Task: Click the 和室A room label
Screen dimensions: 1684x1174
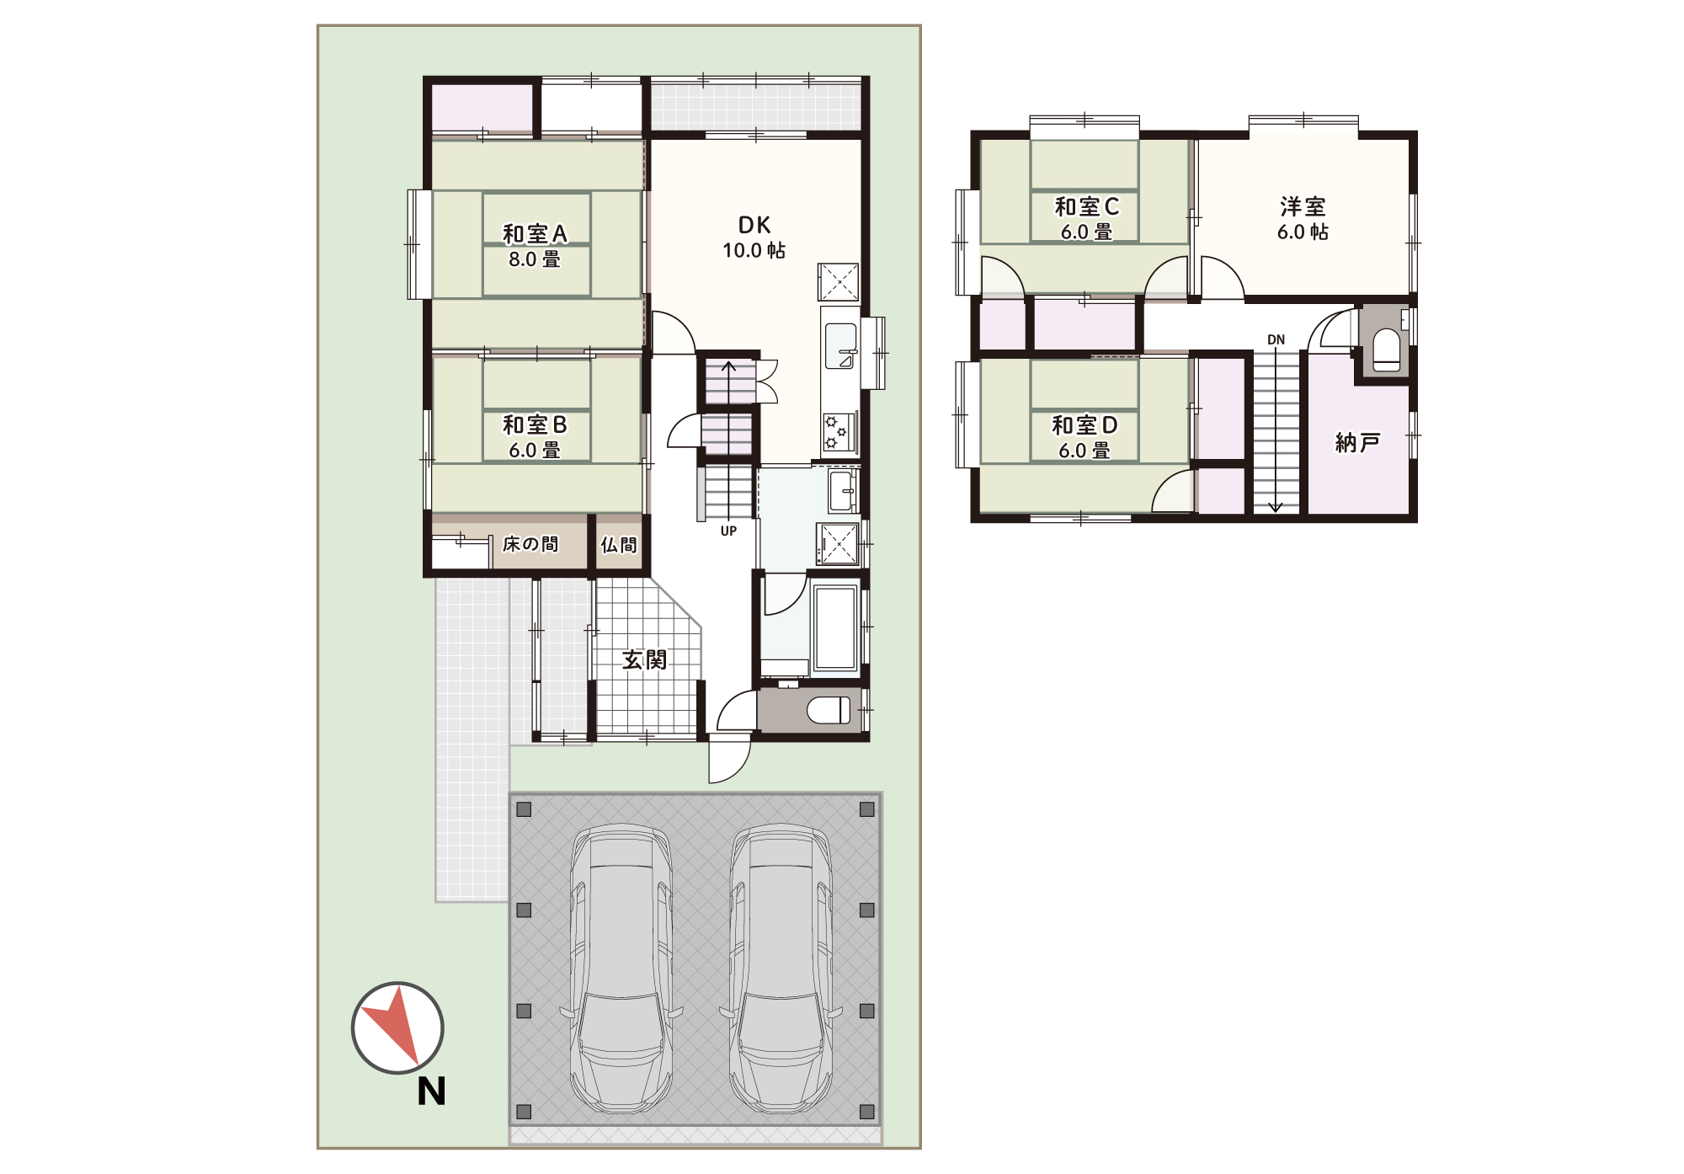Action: (535, 233)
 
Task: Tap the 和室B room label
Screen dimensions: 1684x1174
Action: (535, 424)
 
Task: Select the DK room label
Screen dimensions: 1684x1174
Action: (754, 225)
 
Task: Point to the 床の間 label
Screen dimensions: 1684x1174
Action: (530, 544)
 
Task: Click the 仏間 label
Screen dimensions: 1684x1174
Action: (619, 545)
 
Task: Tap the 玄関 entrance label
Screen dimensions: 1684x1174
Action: (644, 659)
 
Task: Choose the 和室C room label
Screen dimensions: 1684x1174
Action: (1086, 206)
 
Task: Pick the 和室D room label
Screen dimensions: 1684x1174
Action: (1084, 425)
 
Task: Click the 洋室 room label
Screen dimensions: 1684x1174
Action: (1303, 206)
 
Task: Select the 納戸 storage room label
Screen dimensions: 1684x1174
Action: (1357, 442)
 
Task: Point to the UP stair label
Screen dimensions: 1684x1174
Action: (728, 531)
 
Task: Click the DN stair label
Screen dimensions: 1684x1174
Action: (1276, 340)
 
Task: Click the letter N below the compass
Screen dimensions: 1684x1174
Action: (431, 1091)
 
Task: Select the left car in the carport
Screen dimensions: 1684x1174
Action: (621, 969)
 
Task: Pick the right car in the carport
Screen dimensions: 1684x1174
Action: (781, 969)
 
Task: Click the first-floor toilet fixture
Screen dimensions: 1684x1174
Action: (829, 710)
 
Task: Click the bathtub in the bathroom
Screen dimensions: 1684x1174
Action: (835, 627)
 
